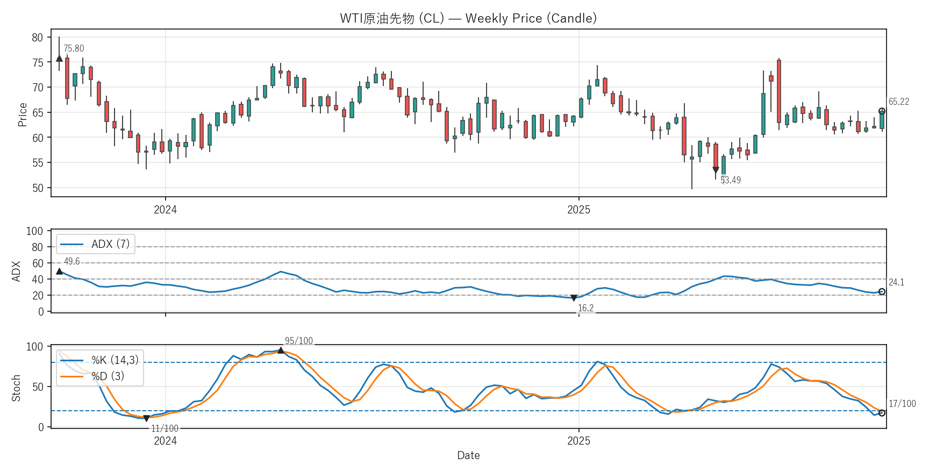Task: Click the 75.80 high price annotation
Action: click(x=74, y=48)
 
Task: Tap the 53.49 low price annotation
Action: click(x=731, y=180)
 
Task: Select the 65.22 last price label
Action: click(x=898, y=102)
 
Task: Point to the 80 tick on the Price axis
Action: click(x=38, y=38)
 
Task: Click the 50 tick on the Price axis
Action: click(x=38, y=188)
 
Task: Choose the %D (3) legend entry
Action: click(x=108, y=376)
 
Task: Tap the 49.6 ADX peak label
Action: click(x=72, y=261)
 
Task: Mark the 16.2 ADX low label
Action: click(x=585, y=308)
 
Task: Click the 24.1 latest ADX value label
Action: click(x=896, y=282)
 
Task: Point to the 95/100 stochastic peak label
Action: click(x=298, y=341)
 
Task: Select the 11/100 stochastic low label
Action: click(x=165, y=428)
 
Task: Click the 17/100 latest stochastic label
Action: click(x=902, y=404)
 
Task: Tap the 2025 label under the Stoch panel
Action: click(x=578, y=441)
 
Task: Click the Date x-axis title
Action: click(x=468, y=455)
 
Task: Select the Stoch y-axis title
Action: click(x=16, y=388)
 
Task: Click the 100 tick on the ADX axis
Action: click(x=34, y=231)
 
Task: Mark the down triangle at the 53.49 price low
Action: click(x=716, y=170)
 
